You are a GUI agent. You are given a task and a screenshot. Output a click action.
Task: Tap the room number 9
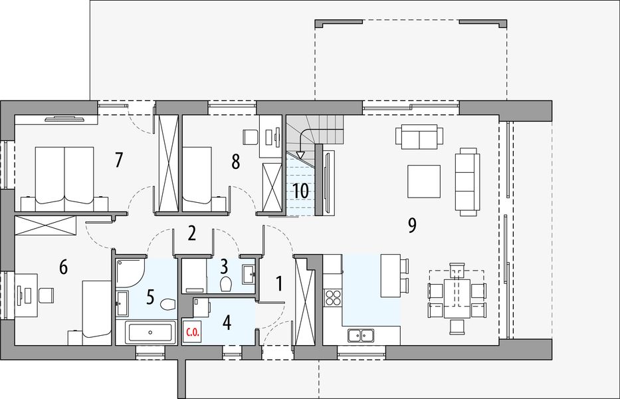[412, 225]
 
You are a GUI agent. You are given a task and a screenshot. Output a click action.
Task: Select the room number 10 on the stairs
[301, 191]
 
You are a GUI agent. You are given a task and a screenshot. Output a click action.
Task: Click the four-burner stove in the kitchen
[332, 297]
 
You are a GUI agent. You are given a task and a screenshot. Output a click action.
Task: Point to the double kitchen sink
[361, 336]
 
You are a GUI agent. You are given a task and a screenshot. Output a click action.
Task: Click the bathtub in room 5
[150, 332]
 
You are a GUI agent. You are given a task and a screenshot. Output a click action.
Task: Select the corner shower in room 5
[130, 273]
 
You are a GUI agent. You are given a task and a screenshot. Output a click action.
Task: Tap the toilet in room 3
[226, 284]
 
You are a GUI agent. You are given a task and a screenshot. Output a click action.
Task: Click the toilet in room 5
[168, 304]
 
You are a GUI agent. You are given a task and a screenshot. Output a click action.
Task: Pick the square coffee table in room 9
[424, 182]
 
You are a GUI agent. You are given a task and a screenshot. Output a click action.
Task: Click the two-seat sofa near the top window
[419, 136]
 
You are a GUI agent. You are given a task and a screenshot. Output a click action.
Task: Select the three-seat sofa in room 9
[467, 182]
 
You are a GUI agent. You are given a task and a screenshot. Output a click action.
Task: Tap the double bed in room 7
[64, 179]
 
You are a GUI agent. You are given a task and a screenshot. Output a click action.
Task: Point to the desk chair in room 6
[47, 295]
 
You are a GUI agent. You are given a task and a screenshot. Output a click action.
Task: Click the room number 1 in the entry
[279, 284]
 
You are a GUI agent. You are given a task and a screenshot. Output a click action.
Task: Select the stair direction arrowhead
[301, 155]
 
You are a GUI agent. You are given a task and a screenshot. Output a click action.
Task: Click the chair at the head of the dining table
[457, 271]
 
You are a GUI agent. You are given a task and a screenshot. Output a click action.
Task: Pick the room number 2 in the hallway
[192, 233]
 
